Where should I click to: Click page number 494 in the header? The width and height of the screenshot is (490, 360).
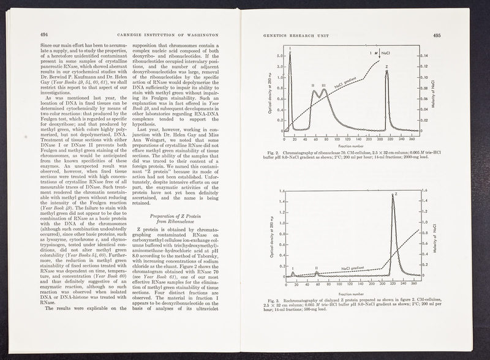45,34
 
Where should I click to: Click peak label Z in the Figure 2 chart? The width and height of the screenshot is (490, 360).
387,66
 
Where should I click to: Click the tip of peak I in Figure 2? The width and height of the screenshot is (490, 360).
290,54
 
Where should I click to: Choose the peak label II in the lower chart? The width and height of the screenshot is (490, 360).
316,268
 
